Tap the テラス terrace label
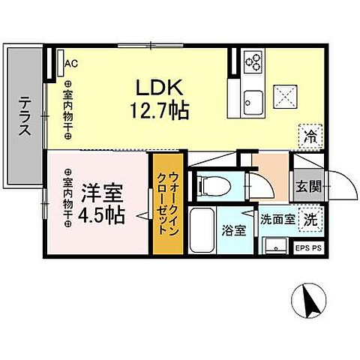[25, 116]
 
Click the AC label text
[71, 64]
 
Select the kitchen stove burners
[252, 61]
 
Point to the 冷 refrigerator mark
[310, 136]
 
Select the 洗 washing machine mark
[310, 220]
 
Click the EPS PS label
[309, 245]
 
